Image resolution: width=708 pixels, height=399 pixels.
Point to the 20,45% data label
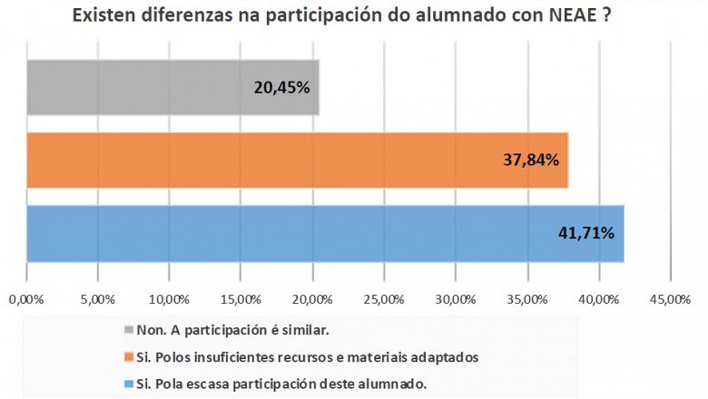coord(281,88)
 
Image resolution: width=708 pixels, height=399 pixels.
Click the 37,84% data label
coord(531,161)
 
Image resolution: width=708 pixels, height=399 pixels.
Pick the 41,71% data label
coord(586,233)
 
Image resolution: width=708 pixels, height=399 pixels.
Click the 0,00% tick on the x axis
coord(25,297)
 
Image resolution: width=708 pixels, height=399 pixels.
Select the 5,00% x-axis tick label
coord(97,297)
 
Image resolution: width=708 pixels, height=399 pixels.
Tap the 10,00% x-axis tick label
coord(169,297)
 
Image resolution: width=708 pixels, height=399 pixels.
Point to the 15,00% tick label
coord(241,297)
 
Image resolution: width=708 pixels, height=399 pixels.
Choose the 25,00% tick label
coord(384,297)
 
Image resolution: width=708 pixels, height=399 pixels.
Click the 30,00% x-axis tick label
coord(455,297)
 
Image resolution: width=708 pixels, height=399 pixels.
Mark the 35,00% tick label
coord(526,297)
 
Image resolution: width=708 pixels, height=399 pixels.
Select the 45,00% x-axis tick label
coord(670,297)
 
